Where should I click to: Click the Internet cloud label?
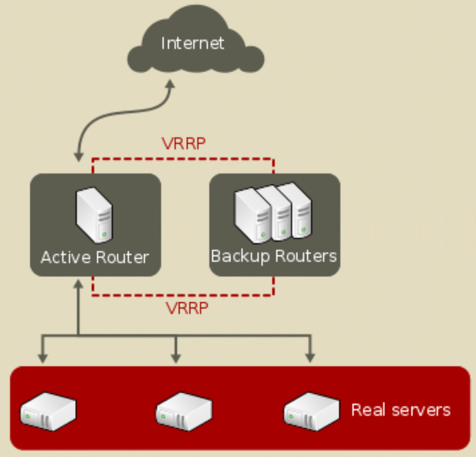pos(192,43)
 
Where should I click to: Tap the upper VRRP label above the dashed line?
pos(183,143)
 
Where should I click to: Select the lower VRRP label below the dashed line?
pos(187,308)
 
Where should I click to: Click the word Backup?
pos(240,256)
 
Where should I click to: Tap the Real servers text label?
pos(401,410)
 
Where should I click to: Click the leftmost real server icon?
pos(48,411)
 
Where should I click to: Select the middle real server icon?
pos(184,411)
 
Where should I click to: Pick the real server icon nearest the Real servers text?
pos(311,411)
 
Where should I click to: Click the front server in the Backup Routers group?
pos(252,215)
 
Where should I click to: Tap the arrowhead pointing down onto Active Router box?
pos(78,157)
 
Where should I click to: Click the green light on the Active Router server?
pos(105,234)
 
